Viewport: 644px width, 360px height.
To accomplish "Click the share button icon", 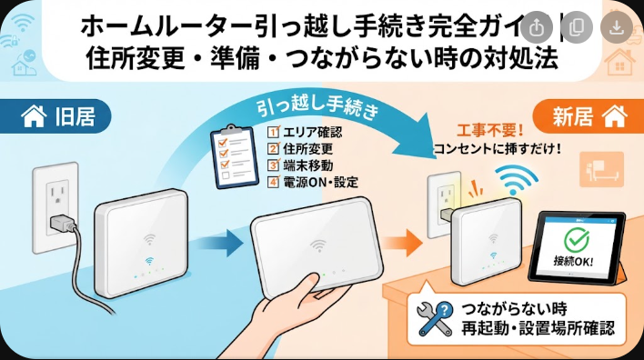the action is point(537,27).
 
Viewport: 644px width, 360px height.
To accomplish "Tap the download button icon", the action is point(616,27).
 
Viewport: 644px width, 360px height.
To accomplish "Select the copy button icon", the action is point(576,27).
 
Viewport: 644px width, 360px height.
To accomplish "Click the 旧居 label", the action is point(75,116).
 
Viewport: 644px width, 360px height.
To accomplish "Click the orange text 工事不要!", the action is point(490,131).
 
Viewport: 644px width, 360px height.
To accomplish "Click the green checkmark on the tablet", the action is point(576,239).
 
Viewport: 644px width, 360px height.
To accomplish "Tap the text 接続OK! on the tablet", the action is point(573,260).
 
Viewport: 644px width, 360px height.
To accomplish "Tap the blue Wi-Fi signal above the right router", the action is point(516,179).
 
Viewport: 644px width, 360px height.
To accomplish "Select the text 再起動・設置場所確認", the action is point(538,328).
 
